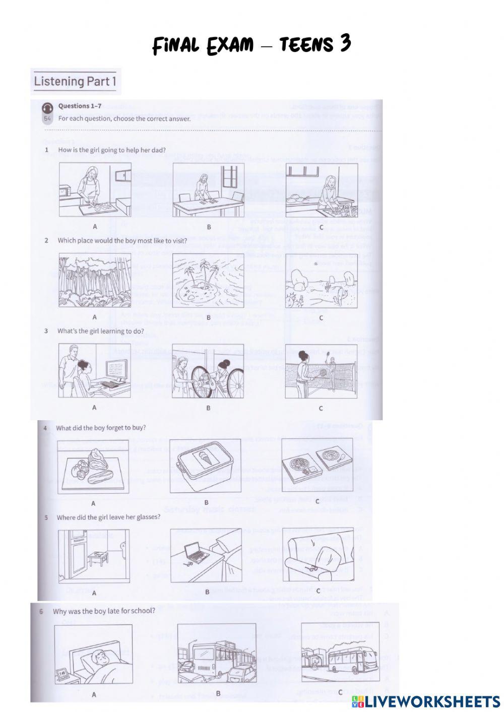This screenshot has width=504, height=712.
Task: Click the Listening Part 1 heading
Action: [75, 81]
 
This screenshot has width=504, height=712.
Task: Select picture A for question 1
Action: [95, 189]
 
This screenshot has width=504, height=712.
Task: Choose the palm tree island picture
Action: [208, 280]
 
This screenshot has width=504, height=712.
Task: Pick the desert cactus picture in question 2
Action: [321, 280]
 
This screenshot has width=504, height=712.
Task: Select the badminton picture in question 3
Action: [321, 371]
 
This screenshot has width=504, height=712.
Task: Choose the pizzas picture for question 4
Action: [317, 467]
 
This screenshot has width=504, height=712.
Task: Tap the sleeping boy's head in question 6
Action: [101, 657]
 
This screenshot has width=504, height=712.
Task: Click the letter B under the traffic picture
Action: [218, 693]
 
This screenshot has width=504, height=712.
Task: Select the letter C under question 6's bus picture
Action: [341, 692]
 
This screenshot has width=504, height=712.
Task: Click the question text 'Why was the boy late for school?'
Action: [104, 611]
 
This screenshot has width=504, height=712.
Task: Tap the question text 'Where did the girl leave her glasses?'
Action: [108, 517]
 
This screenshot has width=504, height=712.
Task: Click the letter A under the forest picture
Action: [95, 317]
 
